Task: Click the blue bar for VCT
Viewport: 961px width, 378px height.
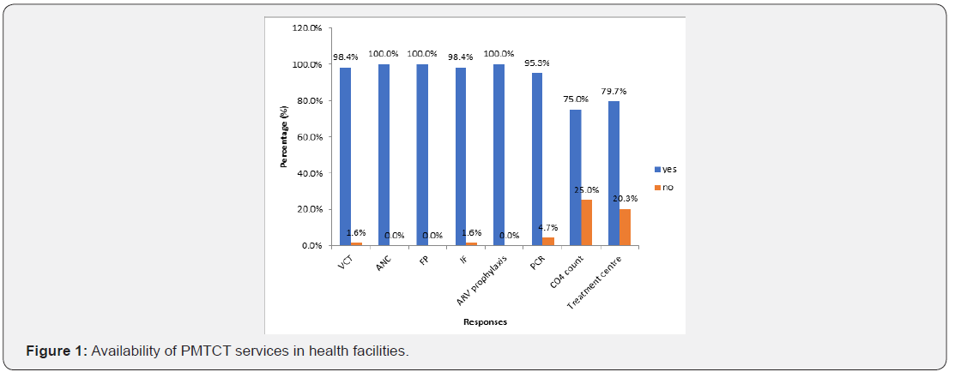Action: pyautogui.click(x=345, y=156)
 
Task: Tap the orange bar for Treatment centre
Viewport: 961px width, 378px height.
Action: pyautogui.click(x=624, y=227)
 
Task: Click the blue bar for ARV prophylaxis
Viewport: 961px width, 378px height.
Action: pyautogui.click(x=499, y=154)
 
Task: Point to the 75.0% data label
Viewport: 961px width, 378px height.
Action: pyautogui.click(x=575, y=99)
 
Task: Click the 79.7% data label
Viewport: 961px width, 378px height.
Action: pyautogui.click(x=613, y=91)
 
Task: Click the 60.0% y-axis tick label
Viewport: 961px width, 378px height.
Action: pyautogui.click(x=310, y=137)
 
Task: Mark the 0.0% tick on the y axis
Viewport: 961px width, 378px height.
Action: pyautogui.click(x=312, y=245)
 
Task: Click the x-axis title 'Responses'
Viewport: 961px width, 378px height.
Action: pyautogui.click(x=485, y=322)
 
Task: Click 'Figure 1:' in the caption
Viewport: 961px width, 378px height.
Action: pyautogui.click(x=57, y=352)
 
